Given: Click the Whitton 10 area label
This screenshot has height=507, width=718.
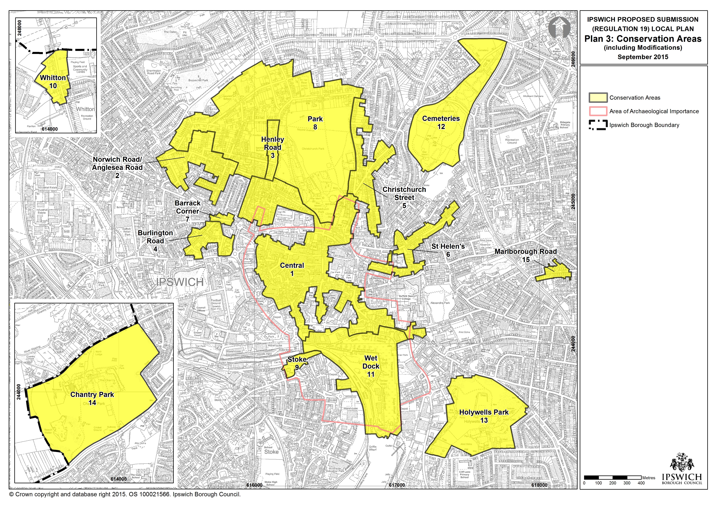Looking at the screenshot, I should coord(53,82).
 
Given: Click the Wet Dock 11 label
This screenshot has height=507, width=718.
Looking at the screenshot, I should coord(371,366).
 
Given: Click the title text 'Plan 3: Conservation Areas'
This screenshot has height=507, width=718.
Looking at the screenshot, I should coord(643,39).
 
